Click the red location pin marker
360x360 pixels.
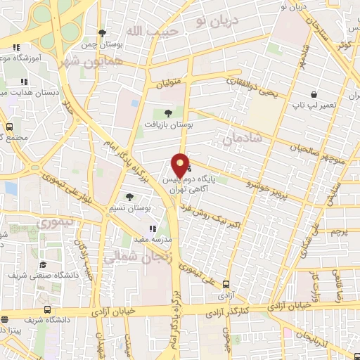pyautogui.click(x=181, y=165)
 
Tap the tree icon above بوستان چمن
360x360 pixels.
pyautogui.click(x=103, y=32)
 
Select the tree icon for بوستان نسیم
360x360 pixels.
pyautogui.click(x=129, y=198)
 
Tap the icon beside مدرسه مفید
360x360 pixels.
pyautogui.click(x=153, y=228)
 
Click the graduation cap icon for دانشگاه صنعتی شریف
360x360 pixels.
pyautogui.click(x=44, y=264)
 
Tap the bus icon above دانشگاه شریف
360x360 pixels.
pyautogui.click(x=47, y=309)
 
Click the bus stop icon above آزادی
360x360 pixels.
pyautogui.click(x=226, y=284)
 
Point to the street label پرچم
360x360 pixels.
pyautogui.click(x=339, y=231)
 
